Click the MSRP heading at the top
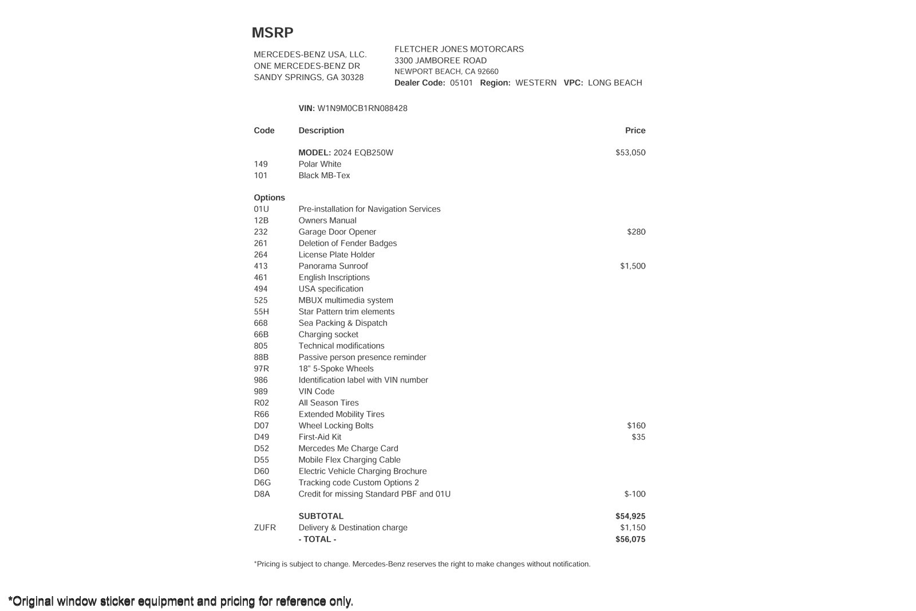[273, 33]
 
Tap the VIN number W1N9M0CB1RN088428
[362, 108]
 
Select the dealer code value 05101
[461, 83]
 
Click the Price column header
[635, 131]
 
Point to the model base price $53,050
[630, 153]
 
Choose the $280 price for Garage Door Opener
[636, 232]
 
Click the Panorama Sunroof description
[333, 266]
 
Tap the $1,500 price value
[633, 266]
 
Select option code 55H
[261, 312]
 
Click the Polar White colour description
[319, 164]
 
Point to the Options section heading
[269, 198]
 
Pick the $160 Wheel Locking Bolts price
[636, 425]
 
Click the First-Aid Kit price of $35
[638, 437]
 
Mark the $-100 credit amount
[634, 494]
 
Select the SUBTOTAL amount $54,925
[630, 517]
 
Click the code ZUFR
[264, 528]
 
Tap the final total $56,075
[630, 539]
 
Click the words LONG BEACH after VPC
[615, 83]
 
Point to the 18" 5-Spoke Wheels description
[336, 369]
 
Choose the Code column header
[264, 131]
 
